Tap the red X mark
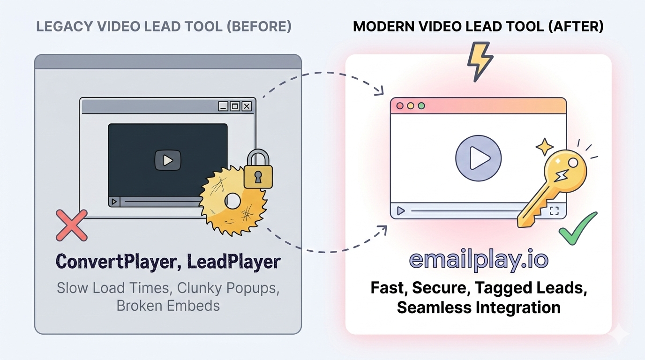72,225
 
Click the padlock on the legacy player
258,171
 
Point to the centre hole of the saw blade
233,202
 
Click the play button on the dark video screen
167,160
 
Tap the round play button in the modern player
478,158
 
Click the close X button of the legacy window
247,106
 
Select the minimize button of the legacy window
224,106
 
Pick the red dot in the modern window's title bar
400,106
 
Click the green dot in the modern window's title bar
421,106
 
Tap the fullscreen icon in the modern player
554,210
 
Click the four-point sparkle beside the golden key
544,147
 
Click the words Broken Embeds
168,306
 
